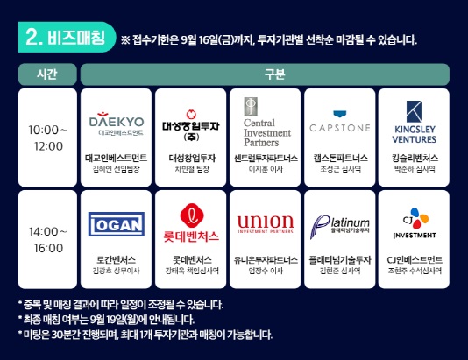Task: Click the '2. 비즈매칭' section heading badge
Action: pos(67,38)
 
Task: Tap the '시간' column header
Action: pos(47,74)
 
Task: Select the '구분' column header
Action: pos(265,74)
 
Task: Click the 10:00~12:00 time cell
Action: pos(47,138)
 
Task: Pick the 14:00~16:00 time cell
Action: pos(47,239)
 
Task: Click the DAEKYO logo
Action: pos(117,124)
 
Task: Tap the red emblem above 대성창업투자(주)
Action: pos(191,115)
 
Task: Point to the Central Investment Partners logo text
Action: pos(266,132)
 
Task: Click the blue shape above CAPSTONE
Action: pos(340,114)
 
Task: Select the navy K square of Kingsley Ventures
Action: pos(415,111)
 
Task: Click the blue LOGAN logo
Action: pos(117,224)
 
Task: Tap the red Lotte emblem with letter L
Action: pos(192,215)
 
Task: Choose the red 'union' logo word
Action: pos(266,222)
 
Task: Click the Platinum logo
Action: pos(340,227)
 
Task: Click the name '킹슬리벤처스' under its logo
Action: pos(415,158)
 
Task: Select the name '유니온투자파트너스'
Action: pos(266,260)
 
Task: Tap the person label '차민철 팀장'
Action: pos(192,169)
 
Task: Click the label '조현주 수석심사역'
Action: pos(415,271)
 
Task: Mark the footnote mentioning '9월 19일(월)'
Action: pos(106,320)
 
